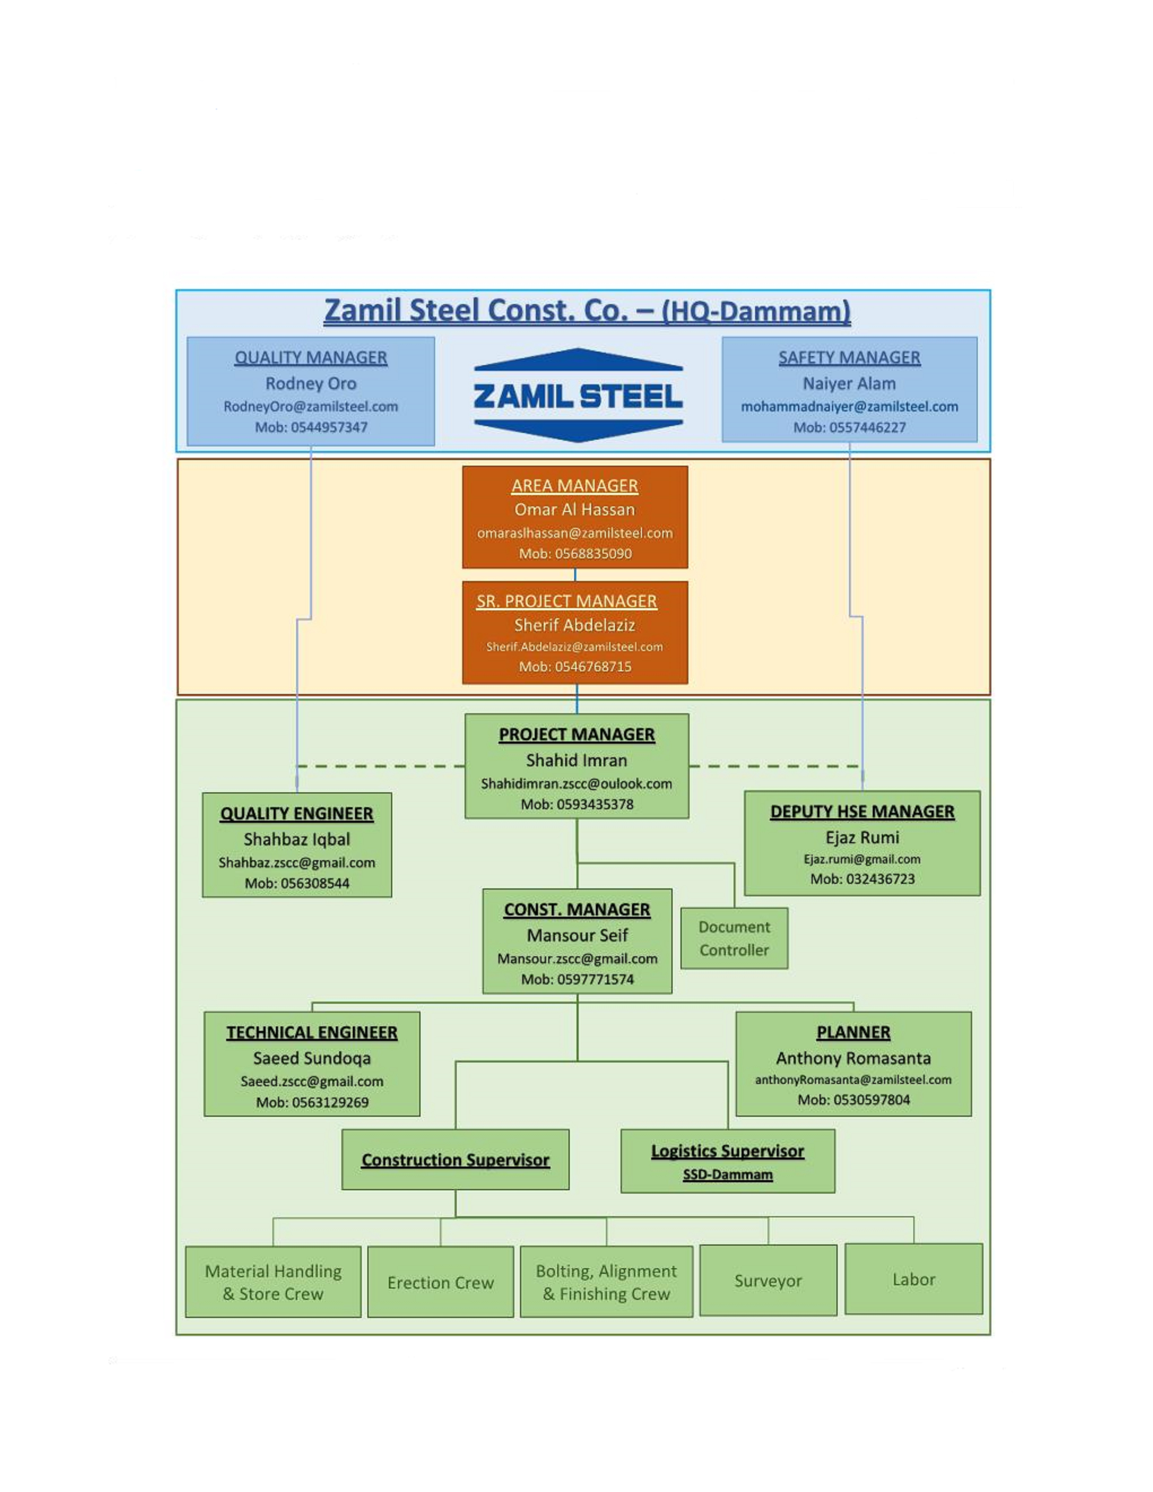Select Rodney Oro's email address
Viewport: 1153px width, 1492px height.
[x=311, y=406]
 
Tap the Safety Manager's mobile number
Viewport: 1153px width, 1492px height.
[x=849, y=428]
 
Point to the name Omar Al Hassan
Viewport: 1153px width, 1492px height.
[x=574, y=510]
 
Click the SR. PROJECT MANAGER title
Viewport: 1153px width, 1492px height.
[x=566, y=601]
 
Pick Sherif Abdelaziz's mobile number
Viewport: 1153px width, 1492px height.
[x=574, y=667]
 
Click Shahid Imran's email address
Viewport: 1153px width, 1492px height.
[x=576, y=784]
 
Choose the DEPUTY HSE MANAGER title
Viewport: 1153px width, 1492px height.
[x=862, y=812]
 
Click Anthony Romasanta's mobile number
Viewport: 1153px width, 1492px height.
[x=853, y=1100]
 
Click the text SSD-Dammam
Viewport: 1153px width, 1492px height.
[x=728, y=1175]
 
